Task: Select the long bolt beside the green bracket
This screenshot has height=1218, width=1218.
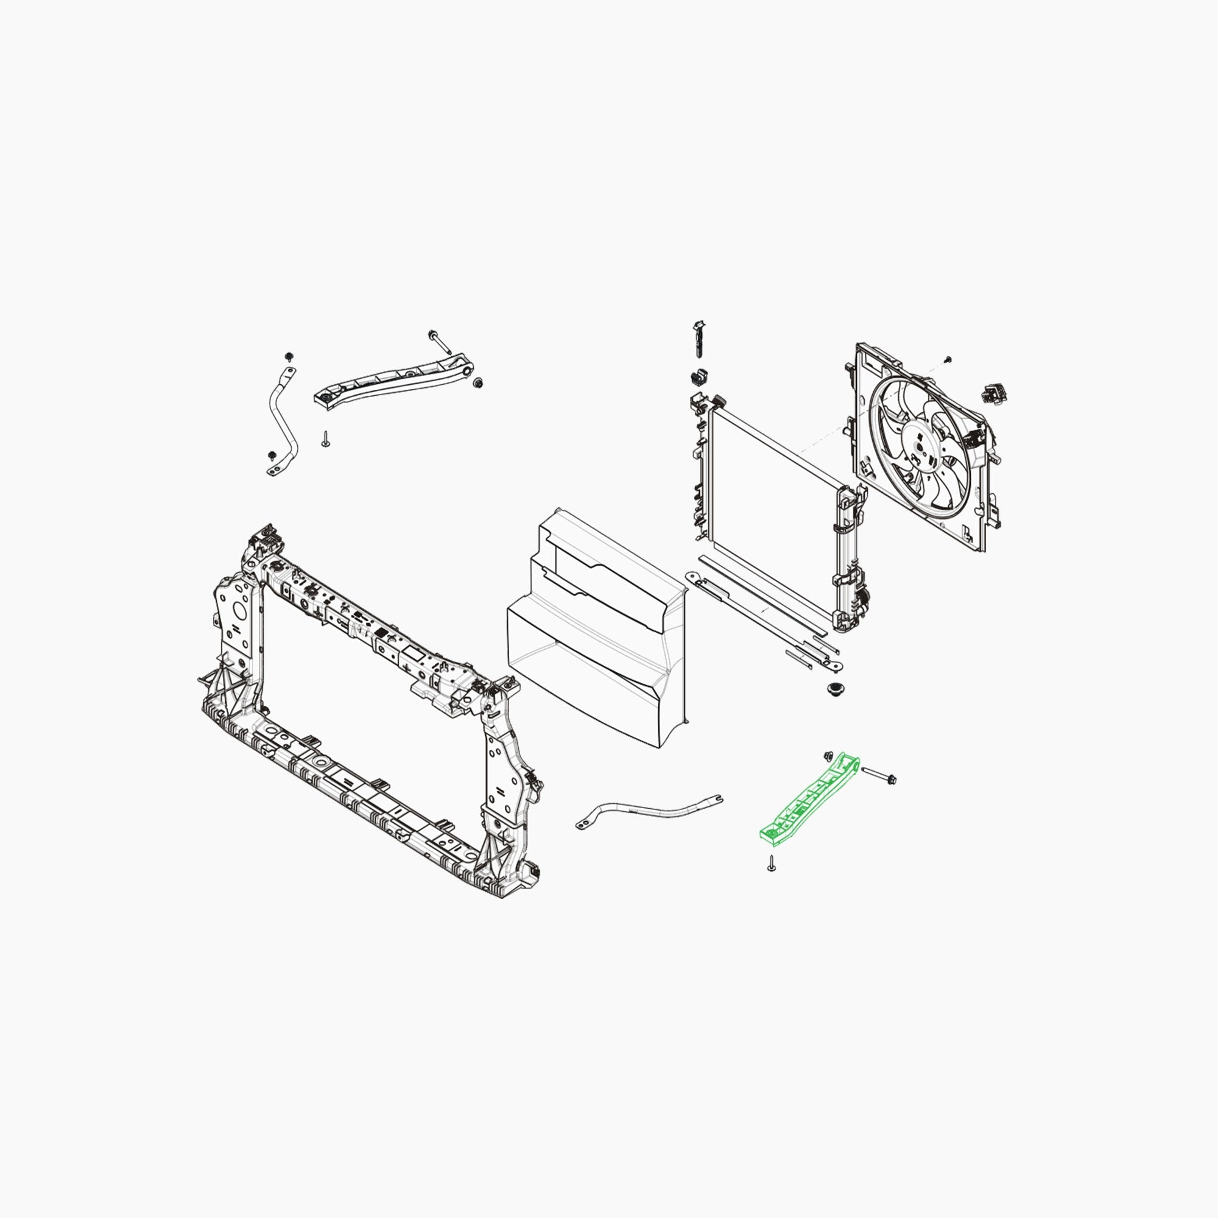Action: [x=878, y=775]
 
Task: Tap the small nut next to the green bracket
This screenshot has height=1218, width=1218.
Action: [x=828, y=756]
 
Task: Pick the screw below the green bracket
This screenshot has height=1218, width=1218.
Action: [x=771, y=864]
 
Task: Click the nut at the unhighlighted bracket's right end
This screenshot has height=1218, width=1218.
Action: [x=478, y=382]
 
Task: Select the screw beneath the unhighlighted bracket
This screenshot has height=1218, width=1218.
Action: [x=325, y=440]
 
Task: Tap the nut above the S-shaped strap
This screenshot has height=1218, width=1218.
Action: [x=289, y=356]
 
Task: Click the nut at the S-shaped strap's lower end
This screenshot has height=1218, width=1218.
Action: [x=272, y=454]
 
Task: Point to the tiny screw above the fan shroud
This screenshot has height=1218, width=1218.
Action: [x=947, y=360]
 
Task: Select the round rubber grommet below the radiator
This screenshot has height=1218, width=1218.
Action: [x=836, y=688]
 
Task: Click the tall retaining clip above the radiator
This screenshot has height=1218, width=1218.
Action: [x=699, y=339]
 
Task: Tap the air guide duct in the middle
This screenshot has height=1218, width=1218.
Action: [x=599, y=630]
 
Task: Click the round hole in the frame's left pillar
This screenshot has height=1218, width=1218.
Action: [x=239, y=610]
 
